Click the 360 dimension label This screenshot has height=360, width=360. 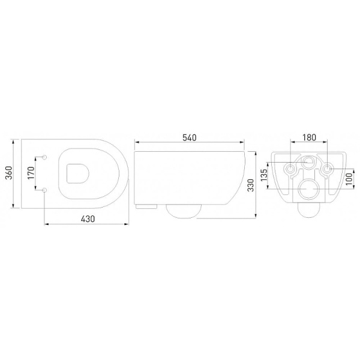click(8, 174)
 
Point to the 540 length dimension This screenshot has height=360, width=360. click(190, 137)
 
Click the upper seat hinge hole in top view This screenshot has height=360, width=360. click(46, 157)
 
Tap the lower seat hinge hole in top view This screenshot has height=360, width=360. click(46, 190)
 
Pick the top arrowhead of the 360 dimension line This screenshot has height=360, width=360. click(14, 143)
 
